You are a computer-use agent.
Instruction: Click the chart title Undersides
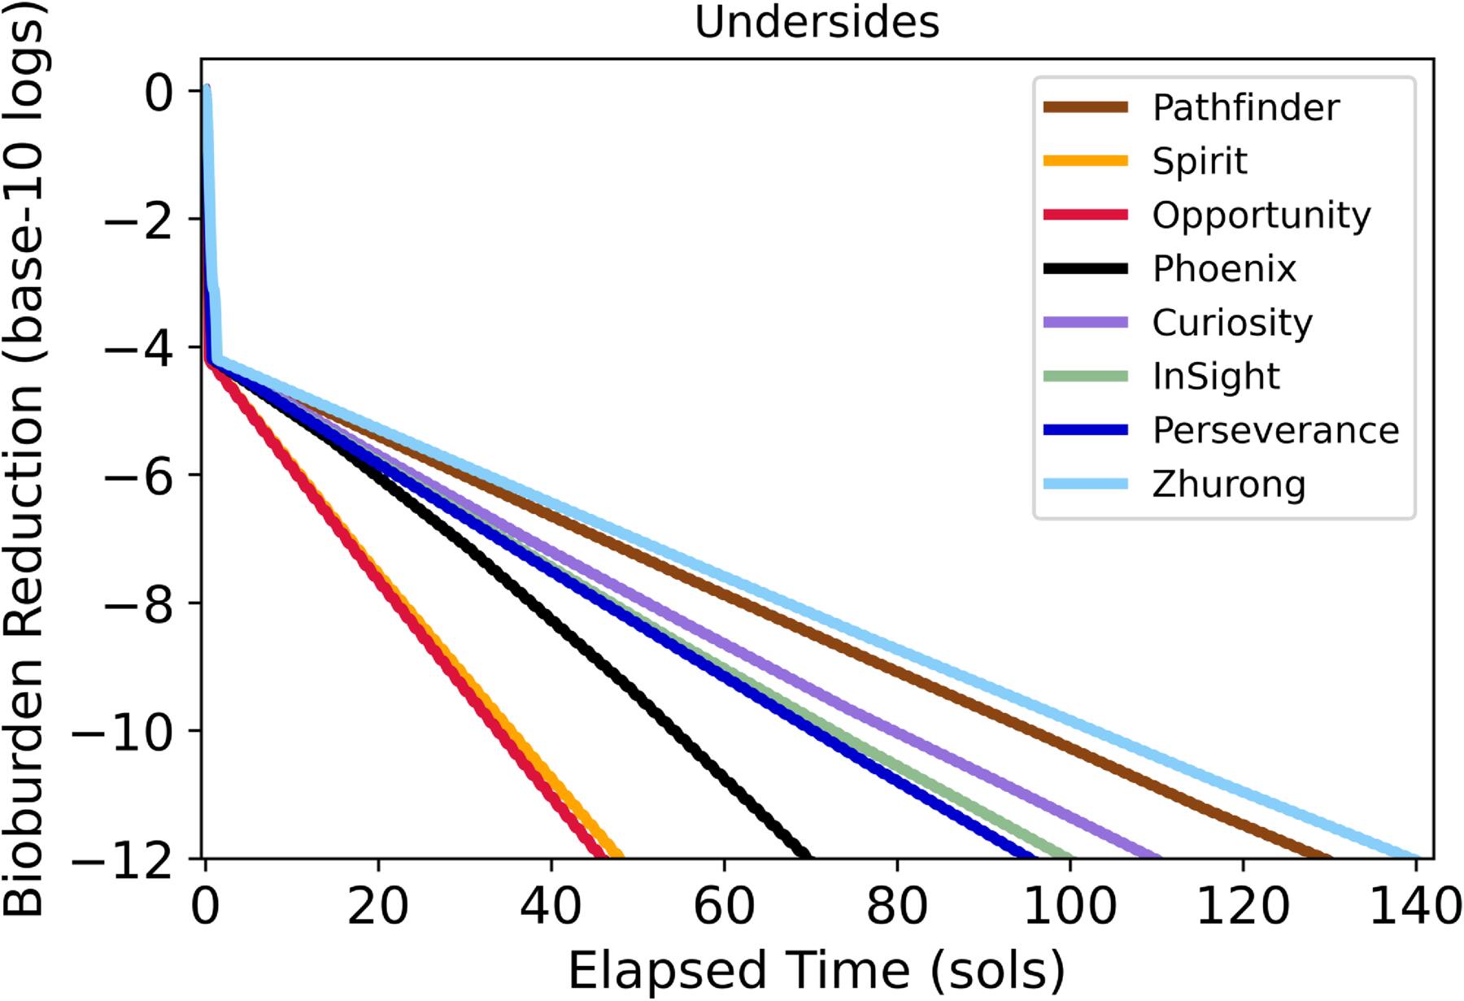[817, 22]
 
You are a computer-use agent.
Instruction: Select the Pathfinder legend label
[1245, 107]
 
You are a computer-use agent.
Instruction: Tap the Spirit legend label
[1199, 161]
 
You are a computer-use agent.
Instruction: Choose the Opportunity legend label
[1261, 215]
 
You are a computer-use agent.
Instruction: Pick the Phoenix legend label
[1224, 269]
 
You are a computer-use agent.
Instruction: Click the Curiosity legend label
[1231, 323]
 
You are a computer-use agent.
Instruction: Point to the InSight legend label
[1215, 376]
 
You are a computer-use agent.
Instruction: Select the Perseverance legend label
[1275, 430]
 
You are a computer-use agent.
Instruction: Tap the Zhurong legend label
[1228, 485]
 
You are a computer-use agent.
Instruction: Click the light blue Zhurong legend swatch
[1085, 484]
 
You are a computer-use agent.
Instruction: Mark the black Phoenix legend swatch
[1085, 268]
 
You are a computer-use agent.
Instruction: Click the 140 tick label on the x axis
[1416, 905]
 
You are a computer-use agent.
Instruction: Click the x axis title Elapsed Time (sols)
[816, 970]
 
